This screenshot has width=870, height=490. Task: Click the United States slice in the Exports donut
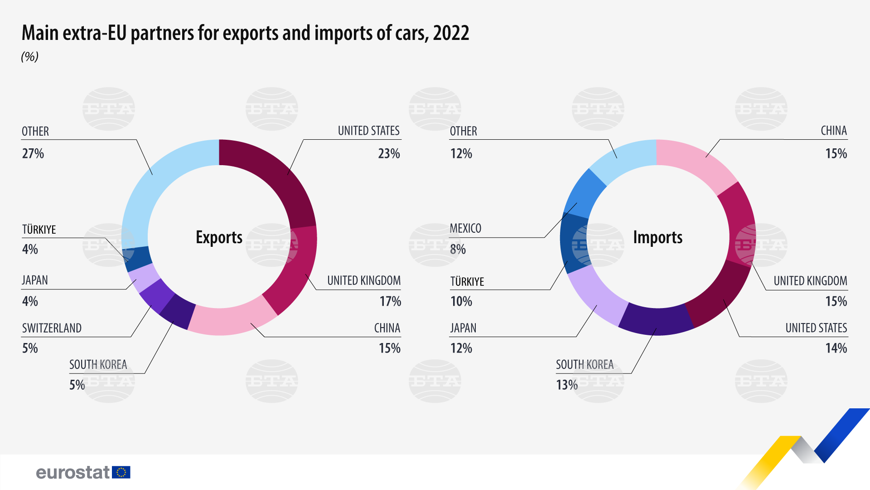(276, 177)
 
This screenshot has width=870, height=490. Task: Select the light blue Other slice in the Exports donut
(154, 181)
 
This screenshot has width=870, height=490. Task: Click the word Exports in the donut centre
(219, 237)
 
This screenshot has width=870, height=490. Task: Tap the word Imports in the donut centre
(657, 237)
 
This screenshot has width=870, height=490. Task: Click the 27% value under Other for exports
(33, 154)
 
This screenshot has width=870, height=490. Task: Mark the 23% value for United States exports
(389, 154)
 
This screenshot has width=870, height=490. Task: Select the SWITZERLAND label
(52, 328)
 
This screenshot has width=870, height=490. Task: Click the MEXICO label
(465, 228)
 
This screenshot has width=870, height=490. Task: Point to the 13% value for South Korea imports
(567, 385)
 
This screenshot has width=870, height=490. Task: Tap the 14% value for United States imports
(836, 348)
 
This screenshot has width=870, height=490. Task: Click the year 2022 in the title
(451, 33)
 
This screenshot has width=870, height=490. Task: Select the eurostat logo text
(72, 472)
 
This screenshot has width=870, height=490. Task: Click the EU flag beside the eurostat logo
(121, 472)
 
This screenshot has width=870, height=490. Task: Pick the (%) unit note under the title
(30, 57)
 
